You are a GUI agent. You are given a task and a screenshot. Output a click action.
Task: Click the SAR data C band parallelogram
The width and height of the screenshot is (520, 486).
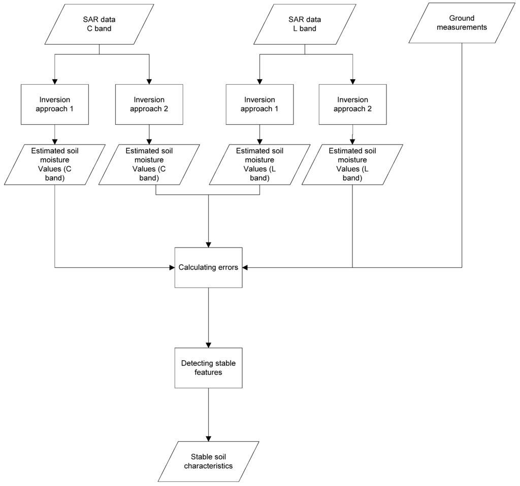coord(99,24)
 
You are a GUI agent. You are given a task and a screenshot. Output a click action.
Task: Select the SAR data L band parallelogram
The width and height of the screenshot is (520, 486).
coord(305,24)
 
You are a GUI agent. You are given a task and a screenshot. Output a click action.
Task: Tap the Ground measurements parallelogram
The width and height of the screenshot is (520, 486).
coord(462,23)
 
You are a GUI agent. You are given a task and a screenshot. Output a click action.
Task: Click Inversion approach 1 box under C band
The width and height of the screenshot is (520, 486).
coord(54,104)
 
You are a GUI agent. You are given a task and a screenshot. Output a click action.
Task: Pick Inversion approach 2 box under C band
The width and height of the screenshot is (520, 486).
coord(149,104)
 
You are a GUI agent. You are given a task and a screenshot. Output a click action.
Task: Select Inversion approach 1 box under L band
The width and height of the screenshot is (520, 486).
coord(259,104)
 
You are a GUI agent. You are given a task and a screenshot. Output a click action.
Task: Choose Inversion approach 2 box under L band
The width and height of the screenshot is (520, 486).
coord(352,104)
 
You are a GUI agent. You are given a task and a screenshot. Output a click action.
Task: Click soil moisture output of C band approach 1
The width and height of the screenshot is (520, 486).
coord(54,164)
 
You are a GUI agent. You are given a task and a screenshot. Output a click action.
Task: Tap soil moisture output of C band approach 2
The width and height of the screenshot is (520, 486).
coord(149,164)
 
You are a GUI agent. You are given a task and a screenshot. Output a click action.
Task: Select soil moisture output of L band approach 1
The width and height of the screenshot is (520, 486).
coord(259,164)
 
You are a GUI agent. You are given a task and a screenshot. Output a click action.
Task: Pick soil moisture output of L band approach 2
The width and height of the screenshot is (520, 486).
coord(352,164)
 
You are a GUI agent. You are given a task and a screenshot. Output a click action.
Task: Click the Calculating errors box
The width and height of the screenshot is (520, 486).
coord(208,267)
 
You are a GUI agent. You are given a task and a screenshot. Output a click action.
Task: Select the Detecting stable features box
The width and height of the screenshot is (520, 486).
coord(208,368)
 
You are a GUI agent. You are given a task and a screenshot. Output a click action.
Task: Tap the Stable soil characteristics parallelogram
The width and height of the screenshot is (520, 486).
coord(208,461)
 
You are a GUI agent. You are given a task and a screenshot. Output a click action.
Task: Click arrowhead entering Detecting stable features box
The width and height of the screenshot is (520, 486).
coord(208,344)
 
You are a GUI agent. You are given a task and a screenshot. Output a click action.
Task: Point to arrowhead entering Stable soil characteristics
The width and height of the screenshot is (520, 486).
coord(208,438)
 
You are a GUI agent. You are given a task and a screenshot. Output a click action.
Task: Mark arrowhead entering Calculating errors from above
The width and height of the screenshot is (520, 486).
coord(208,244)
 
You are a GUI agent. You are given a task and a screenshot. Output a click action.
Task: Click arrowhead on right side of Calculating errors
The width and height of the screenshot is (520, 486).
coord(246,267)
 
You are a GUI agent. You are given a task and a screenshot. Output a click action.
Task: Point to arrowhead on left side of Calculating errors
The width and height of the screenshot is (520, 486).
coord(171,267)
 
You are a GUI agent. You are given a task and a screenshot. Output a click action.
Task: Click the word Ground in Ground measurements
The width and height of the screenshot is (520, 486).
coord(462,18)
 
